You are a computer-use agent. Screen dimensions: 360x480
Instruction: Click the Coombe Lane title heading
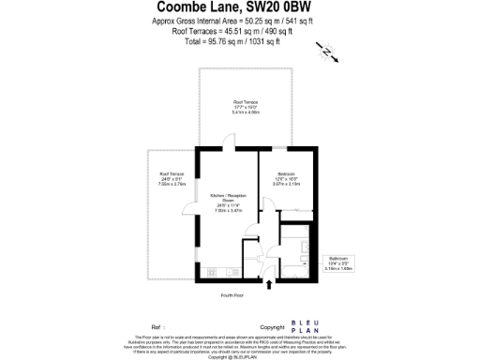[239, 8]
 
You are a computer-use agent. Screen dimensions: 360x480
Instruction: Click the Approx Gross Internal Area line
[239, 21]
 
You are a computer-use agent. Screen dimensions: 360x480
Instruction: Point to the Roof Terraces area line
[239, 30]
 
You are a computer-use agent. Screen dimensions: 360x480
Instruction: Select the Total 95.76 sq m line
[239, 39]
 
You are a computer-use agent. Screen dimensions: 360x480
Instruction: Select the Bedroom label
[286, 174]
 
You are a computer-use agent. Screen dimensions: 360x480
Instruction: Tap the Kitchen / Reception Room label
[225, 200]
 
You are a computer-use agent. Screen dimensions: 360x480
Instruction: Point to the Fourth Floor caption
[232, 295]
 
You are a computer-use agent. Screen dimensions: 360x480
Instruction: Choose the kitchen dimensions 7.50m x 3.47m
[225, 211]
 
